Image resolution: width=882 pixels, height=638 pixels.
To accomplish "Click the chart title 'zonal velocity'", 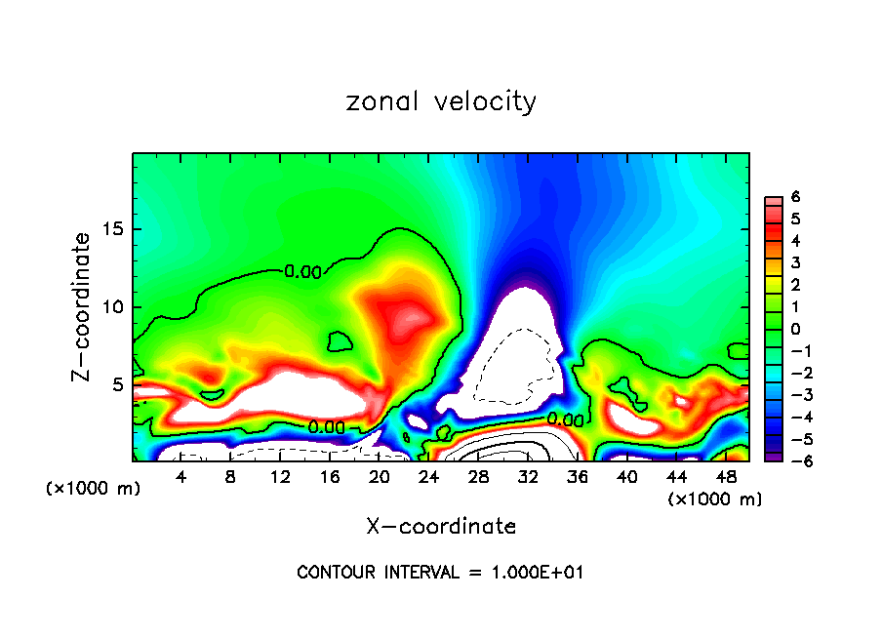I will click(x=441, y=101).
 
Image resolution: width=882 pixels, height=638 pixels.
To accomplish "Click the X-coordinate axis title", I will click(x=441, y=527).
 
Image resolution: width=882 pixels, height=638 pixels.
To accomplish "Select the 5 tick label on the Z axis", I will click(x=117, y=384).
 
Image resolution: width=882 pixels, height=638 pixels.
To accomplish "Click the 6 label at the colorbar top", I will click(x=795, y=197).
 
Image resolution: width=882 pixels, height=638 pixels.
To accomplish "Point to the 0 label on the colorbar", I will click(x=795, y=329).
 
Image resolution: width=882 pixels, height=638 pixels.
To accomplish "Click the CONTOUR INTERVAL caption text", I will click(x=440, y=573).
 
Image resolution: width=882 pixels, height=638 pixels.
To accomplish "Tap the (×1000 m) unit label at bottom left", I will click(x=94, y=488).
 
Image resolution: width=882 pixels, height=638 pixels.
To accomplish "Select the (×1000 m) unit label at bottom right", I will click(x=715, y=499).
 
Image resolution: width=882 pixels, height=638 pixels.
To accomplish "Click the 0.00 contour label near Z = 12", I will click(x=303, y=272).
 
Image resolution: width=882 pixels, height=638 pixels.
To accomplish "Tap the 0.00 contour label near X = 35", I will click(x=565, y=419).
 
